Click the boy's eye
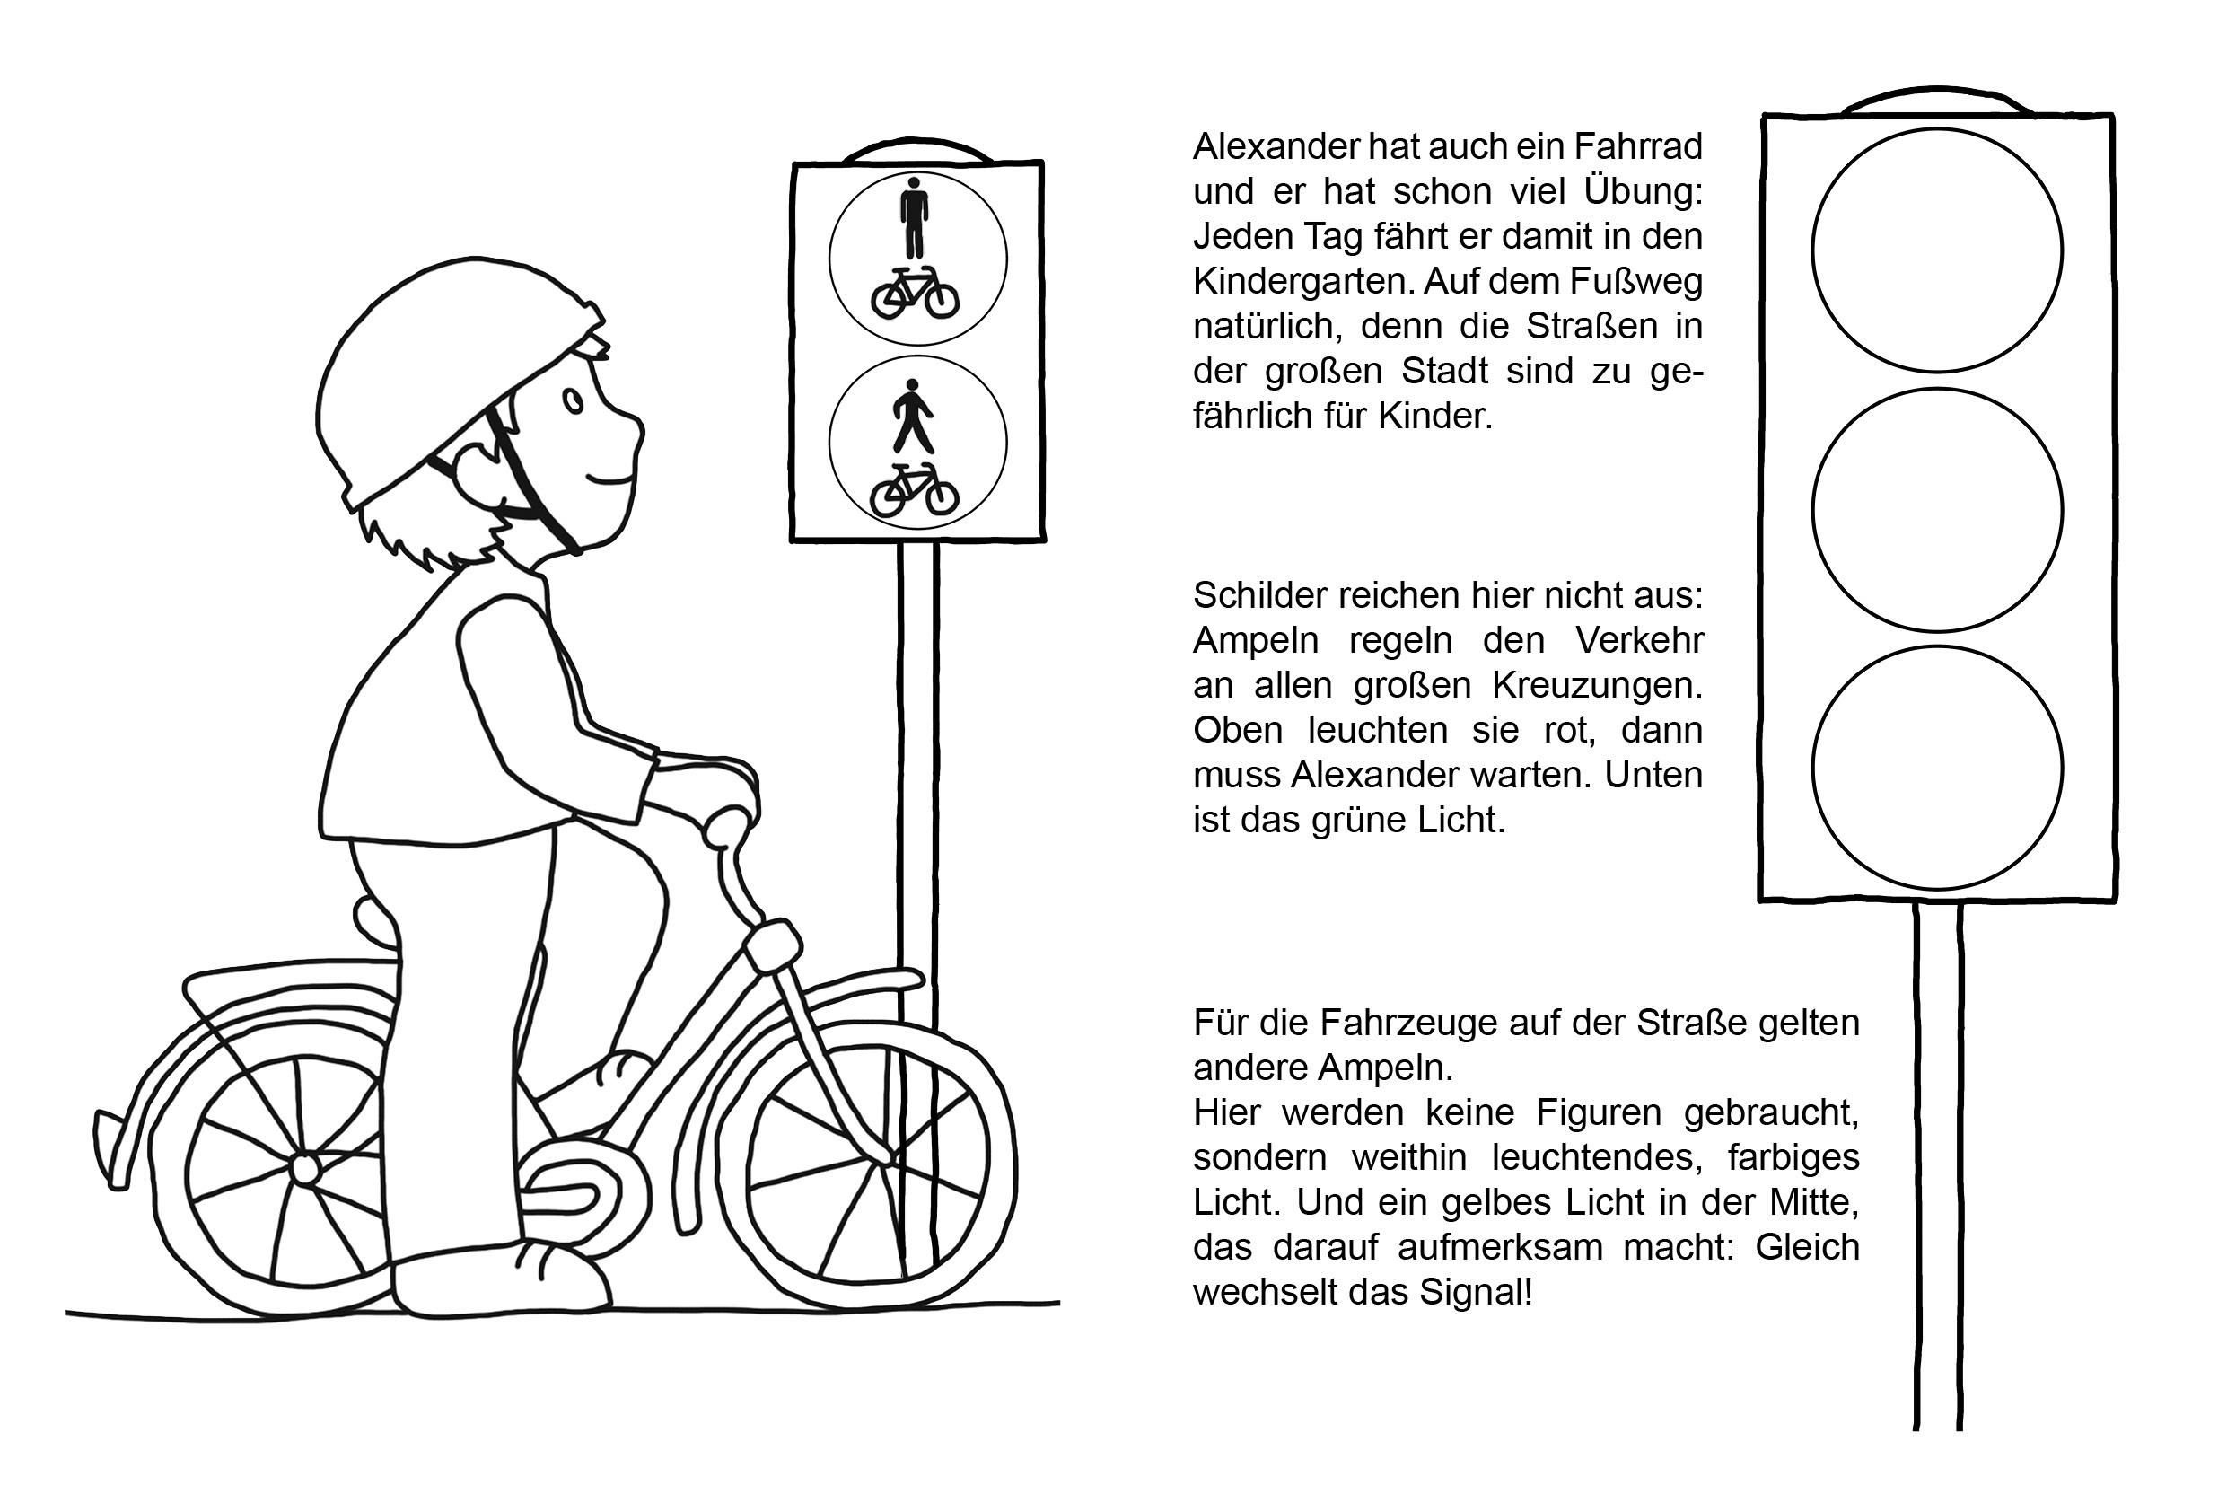(x=573, y=401)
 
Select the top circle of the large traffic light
(x=1936, y=250)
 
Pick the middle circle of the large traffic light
(x=1936, y=510)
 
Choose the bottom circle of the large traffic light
(x=1936, y=768)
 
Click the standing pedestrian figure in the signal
(x=914, y=217)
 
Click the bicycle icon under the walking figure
(x=914, y=489)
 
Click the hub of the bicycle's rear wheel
(x=305, y=1170)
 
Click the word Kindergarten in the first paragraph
(x=1302, y=281)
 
